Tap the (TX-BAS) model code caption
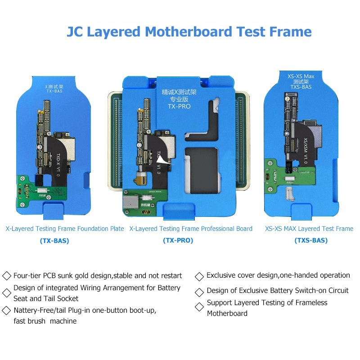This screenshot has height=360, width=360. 54,241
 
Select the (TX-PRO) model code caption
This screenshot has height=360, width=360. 178,241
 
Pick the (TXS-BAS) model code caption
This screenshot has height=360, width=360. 311,241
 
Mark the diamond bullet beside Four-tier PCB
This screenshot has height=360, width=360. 7,276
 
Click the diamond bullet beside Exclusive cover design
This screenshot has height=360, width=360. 200,276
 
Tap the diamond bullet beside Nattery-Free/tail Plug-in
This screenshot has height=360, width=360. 7,310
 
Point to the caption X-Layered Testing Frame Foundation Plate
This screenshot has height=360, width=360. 65,229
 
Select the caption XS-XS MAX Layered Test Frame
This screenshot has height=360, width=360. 309,229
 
